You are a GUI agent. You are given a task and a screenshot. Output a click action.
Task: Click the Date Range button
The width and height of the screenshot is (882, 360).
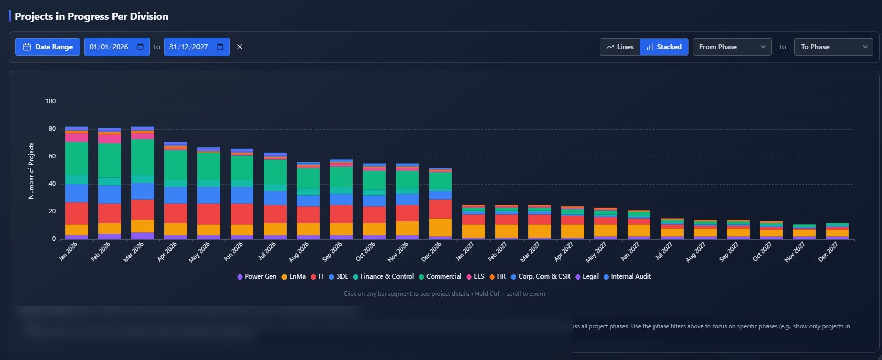click(48, 47)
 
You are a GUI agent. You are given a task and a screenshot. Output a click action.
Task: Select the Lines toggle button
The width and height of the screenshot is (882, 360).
click(620, 47)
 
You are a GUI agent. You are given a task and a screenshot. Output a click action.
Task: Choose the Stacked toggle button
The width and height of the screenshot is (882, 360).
click(664, 47)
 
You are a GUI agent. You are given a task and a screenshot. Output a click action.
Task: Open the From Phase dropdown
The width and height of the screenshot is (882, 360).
click(731, 47)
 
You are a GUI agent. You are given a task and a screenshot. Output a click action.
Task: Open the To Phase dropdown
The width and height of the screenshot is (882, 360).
click(833, 47)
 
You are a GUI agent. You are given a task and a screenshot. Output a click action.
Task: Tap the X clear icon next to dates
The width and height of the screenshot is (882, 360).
click(240, 47)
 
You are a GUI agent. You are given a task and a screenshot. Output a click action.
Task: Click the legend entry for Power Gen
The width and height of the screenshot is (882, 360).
click(257, 276)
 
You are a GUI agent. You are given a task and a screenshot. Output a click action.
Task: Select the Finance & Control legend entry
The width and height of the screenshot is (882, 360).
click(384, 276)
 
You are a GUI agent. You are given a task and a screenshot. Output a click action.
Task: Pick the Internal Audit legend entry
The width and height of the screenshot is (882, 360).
click(628, 276)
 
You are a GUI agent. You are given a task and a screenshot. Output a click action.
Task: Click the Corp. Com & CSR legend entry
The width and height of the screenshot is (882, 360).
click(540, 276)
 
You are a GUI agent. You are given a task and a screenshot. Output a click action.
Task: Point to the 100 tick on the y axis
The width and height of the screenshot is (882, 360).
click(50, 101)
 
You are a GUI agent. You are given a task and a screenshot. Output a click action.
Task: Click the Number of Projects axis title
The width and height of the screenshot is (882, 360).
click(31, 171)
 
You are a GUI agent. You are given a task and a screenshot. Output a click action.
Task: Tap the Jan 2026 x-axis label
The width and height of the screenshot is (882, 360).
click(69, 251)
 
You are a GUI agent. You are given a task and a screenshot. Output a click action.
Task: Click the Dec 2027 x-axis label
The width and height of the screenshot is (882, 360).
click(828, 252)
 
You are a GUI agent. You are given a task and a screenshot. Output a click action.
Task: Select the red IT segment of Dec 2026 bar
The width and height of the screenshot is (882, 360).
click(440, 209)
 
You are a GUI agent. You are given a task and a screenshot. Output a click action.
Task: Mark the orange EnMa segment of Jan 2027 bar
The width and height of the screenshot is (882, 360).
click(473, 231)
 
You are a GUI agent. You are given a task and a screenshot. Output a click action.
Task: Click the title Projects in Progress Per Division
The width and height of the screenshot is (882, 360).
click(92, 16)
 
